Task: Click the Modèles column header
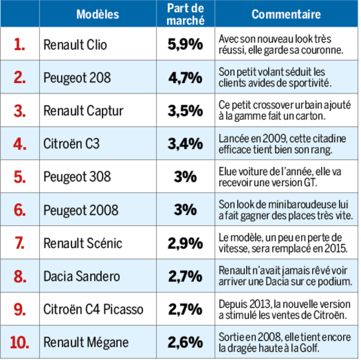[x=97, y=14]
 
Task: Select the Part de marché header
[x=186, y=14]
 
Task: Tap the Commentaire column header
[x=286, y=14]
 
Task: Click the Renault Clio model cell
[x=75, y=44]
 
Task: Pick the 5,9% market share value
[x=186, y=44]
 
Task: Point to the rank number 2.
[x=19, y=77]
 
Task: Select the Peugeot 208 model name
[x=77, y=78]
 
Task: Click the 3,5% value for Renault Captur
[x=186, y=111]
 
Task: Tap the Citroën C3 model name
[x=72, y=144]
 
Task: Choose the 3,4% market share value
[x=186, y=144]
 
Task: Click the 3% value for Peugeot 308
[x=186, y=177]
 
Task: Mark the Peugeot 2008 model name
[x=81, y=210]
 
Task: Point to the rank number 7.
[x=19, y=243]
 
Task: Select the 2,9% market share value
[x=186, y=243]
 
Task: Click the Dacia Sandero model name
[x=82, y=276]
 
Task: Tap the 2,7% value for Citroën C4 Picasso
[x=186, y=309]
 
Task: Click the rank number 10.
[x=19, y=343]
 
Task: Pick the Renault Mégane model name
[x=86, y=343]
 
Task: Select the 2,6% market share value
[x=186, y=343]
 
